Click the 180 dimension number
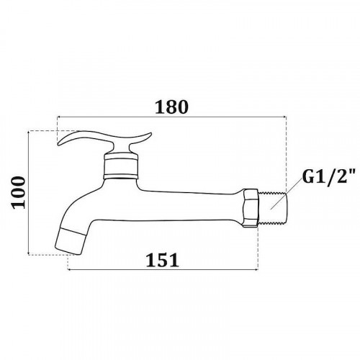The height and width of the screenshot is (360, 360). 171,107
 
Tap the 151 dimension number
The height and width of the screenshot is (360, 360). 163,260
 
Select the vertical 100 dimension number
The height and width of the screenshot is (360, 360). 18,192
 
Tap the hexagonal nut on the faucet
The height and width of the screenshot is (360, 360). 251,208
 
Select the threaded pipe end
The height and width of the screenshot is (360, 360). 272,208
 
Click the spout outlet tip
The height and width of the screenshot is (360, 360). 71,240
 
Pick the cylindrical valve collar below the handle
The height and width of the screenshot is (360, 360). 121,166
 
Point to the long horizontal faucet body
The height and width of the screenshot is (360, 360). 189,206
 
